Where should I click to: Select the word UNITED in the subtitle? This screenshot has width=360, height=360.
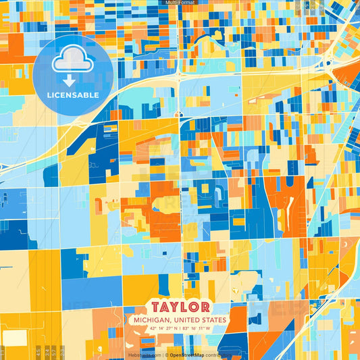188,319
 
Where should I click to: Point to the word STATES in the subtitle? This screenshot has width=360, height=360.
215,319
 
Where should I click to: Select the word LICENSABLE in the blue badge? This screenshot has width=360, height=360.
72,95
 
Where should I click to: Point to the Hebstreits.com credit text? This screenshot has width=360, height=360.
144,354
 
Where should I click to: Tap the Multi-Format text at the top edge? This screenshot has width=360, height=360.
180,3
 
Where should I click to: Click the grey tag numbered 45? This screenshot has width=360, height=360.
37,352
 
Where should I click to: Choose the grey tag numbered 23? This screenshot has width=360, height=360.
63,352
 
